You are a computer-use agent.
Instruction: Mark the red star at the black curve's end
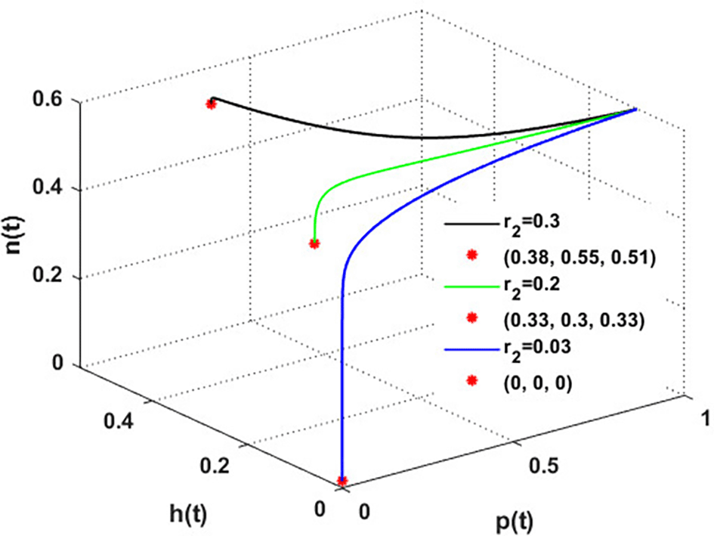pos(212,104)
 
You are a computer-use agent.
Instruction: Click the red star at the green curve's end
pos(314,243)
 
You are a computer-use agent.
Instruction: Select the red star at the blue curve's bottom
pos(342,480)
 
